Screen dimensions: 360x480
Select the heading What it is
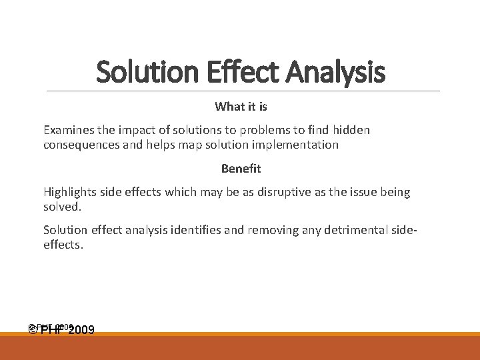[241, 107]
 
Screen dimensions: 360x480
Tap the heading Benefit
[241, 169]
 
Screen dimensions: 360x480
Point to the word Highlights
[70, 192]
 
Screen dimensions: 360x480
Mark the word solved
[62, 207]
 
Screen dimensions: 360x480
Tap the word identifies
[201, 230]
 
